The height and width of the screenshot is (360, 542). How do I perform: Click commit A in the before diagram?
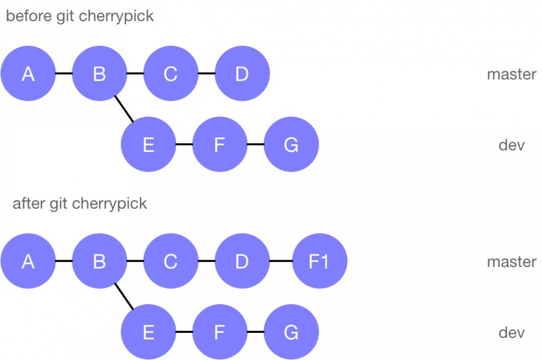click(28, 74)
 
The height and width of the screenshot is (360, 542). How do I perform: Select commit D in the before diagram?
click(242, 74)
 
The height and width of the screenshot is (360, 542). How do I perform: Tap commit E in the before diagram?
click(149, 145)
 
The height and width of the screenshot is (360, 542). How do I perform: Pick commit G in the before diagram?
click(291, 145)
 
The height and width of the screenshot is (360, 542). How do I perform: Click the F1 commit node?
click(319, 261)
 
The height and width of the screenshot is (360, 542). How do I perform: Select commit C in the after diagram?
click(171, 261)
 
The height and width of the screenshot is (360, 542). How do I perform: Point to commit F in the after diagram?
click(220, 332)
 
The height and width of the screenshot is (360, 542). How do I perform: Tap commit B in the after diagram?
click(99, 261)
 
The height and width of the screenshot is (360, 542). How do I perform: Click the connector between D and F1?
click(281, 261)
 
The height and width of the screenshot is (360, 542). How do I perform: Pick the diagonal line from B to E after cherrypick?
click(124, 297)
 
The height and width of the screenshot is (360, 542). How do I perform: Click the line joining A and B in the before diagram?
click(63, 74)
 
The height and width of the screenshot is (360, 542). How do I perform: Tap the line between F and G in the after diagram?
click(255, 332)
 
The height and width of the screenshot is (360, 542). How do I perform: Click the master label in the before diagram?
click(511, 74)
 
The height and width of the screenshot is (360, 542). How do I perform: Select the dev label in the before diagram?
click(511, 145)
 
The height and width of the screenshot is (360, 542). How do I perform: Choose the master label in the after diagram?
click(511, 262)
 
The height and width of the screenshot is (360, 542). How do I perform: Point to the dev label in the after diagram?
click(511, 332)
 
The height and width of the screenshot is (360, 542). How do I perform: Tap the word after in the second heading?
click(28, 203)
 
